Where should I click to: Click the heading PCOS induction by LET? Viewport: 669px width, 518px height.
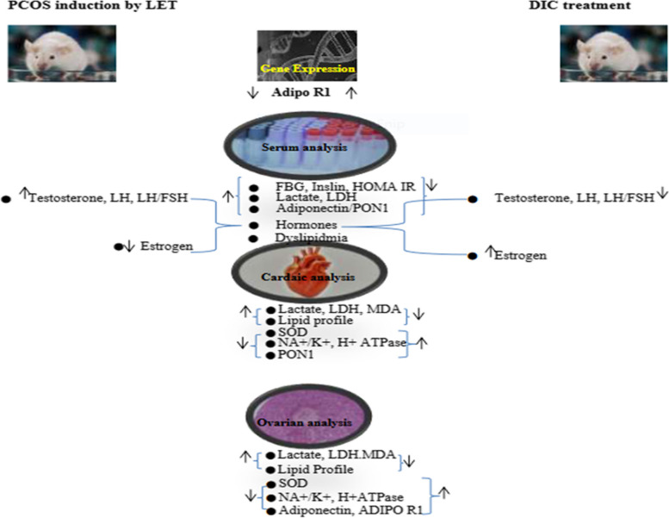92,5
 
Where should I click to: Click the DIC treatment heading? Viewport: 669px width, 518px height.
579,5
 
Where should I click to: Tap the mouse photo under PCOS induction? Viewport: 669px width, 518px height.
62,53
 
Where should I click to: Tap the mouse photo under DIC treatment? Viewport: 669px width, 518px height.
614,53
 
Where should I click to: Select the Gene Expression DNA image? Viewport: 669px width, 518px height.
307,55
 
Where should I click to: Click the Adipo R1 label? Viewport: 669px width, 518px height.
300,92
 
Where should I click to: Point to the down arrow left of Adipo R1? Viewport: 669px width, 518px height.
252,92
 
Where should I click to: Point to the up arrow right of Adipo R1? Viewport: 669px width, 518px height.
351,92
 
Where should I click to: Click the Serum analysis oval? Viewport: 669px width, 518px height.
310,146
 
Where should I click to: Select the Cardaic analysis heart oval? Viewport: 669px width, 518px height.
309,271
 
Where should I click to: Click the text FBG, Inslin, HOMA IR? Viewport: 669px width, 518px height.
345,186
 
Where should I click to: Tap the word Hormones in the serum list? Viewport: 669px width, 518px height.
307,225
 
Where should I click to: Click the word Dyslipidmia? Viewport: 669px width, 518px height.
312,237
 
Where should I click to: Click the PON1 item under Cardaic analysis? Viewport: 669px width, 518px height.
295,354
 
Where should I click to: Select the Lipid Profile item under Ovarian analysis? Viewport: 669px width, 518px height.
316,470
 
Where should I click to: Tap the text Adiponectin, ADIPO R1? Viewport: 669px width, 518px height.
350,510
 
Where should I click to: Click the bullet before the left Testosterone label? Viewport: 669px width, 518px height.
6,199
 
